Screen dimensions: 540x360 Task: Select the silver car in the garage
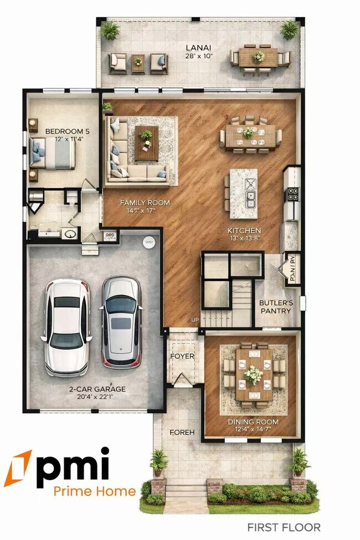pos(122,322)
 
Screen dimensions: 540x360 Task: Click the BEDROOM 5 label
pos(66,131)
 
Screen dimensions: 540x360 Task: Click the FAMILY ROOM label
pos(145,203)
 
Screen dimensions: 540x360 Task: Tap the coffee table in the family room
pos(147,142)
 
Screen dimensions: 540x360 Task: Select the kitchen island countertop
pos(243,193)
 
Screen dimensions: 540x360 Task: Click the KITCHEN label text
pos(244,230)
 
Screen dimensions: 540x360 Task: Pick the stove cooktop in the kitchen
pos(292,194)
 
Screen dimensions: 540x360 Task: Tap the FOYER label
pos(182,356)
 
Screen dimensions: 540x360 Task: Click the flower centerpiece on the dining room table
pos(253,374)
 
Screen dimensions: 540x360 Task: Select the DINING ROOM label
pos(253,422)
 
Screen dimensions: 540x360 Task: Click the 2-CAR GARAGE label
pos(97,389)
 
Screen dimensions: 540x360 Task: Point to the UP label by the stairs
pos(195,320)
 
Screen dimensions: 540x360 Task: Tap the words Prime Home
pos(94,491)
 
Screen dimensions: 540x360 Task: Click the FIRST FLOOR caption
pos(284,527)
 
